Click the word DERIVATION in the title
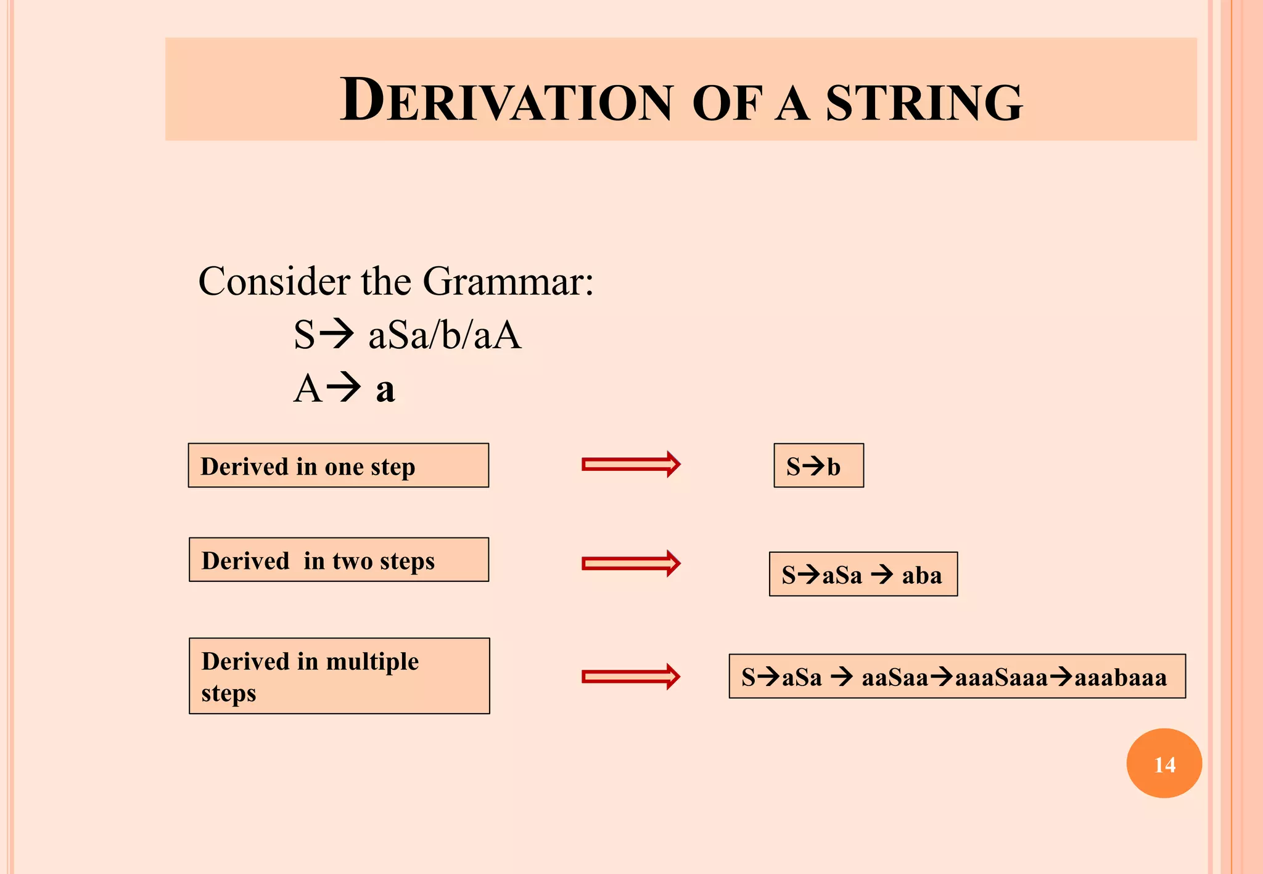point(506,101)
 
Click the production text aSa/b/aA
point(445,336)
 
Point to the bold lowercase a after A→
point(385,390)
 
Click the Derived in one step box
point(338,465)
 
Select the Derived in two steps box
point(339,560)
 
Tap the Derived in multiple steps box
point(339,676)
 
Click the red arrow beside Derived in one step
point(631,464)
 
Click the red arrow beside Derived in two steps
point(631,563)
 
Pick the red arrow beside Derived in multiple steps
point(631,677)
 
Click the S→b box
point(818,466)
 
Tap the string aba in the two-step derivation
point(921,575)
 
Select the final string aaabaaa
point(1120,677)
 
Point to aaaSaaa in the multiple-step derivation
point(1001,677)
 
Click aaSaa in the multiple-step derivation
point(894,677)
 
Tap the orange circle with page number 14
point(1164,763)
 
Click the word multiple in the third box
point(372,661)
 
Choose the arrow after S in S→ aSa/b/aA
point(338,335)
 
